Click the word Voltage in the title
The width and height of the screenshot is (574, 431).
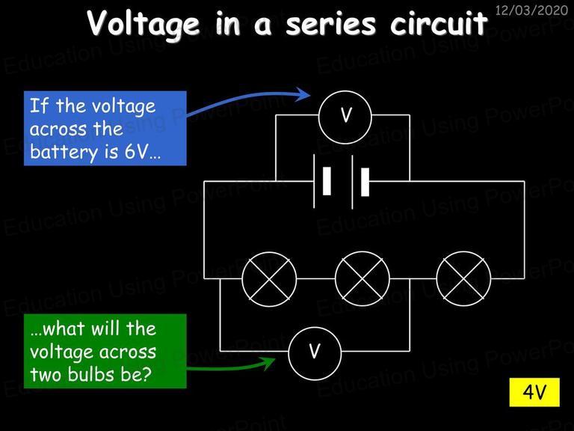coord(143,23)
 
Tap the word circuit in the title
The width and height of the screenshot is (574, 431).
coord(439,22)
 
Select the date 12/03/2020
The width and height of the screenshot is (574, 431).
coord(531,10)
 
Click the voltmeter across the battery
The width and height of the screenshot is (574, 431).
coord(345,117)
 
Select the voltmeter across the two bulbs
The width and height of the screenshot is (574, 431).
coord(315,353)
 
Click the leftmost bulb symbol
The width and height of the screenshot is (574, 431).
coord(269,279)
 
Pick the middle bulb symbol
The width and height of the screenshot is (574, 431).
coord(362,279)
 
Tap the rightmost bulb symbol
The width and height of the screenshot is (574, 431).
coord(463,279)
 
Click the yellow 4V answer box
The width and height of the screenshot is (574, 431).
coord(534,392)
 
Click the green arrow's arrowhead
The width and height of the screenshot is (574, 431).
coord(268,363)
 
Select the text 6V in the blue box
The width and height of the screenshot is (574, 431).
coord(135,152)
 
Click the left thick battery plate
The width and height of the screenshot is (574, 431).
coord(327,181)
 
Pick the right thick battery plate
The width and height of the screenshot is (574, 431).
coord(365,182)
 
